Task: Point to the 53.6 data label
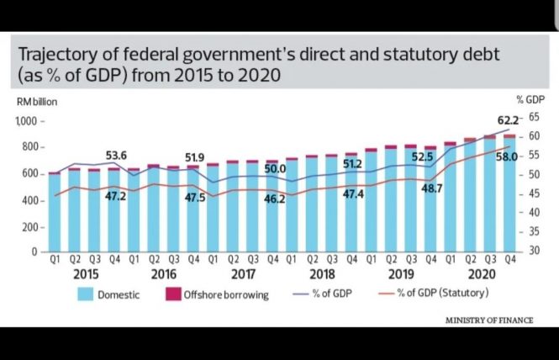pyautogui.click(x=116, y=156)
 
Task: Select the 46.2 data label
pyautogui.click(x=275, y=199)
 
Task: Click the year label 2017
pyautogui.click(x=243, y=274)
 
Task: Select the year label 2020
pyautogui.click(x=480, y=274)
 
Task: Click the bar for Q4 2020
pyautogui.click(x=509, y=193)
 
